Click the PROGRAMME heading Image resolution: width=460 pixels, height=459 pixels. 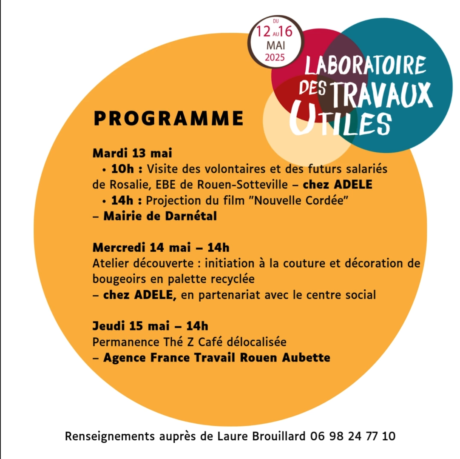[x=168, y=118]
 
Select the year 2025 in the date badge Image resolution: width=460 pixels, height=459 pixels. [x=275, y=57]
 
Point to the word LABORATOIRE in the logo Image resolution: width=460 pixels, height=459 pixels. [x=365, y=65]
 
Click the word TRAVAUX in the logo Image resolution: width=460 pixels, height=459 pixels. [x=381, y=94]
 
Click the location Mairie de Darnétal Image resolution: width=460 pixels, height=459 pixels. [x=160, y=216]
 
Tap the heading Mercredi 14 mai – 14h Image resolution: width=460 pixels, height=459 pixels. [x=161, y=247]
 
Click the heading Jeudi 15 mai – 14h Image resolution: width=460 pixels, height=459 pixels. [x=150, y=326]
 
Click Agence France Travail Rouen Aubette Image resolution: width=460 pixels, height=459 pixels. [x=216, y=358]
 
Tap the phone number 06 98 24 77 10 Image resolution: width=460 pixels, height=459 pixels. [x=353, y=436]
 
